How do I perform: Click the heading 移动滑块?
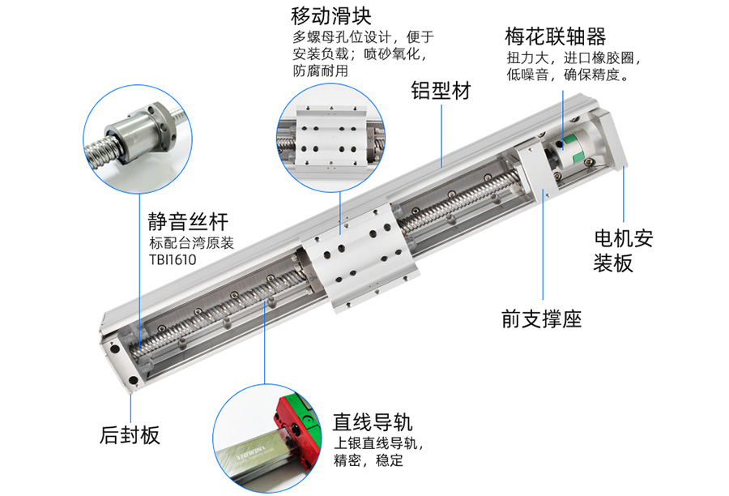point(331,16)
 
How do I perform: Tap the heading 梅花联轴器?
point(555,36)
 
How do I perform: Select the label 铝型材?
point(441,91)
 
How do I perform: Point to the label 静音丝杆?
point(188,221)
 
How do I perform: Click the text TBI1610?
point(173,259)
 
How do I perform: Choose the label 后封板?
point(130,435)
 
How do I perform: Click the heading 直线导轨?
point(373,422)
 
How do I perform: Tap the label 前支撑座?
point(542,319)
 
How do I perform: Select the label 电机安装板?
point(623,251)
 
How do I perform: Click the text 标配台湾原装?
point(191,243)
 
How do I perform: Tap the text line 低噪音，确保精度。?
point(568,75)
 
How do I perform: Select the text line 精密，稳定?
point(369,460)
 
